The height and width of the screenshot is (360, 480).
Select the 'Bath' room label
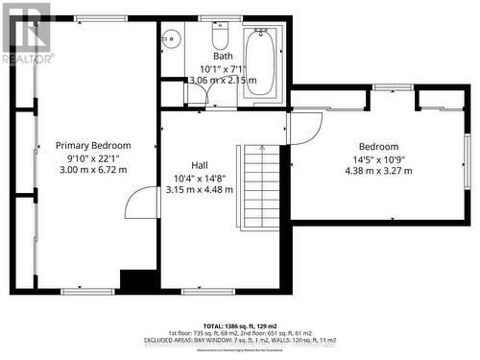[223, 56]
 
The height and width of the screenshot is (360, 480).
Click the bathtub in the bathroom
[260, 61]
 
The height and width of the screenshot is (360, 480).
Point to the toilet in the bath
[219, 37]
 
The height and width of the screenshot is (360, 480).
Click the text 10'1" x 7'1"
[223, 68]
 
